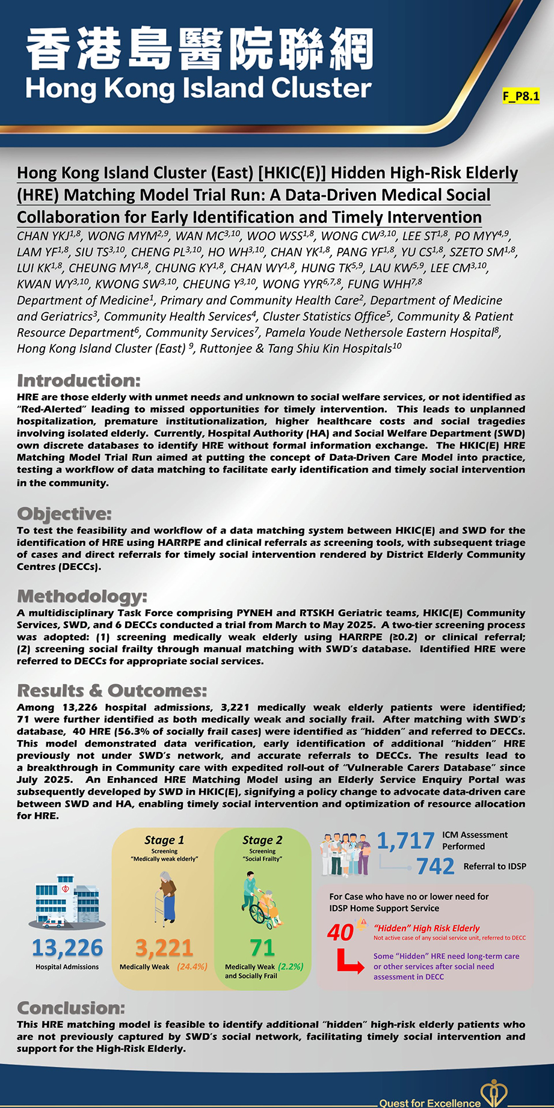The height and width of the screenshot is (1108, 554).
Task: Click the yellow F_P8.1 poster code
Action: (x=521, y=96)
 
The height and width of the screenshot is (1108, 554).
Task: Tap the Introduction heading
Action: (x=79, y=381)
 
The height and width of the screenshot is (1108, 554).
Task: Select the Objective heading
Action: (x=64, y=514)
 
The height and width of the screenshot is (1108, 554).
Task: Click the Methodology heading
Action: (x=82, y=596)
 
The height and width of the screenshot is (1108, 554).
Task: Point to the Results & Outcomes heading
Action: (x=112, y=691)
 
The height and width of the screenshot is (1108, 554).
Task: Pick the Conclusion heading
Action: (x=71, y=1008)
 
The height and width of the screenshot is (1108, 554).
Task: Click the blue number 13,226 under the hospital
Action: (x=67, y=948)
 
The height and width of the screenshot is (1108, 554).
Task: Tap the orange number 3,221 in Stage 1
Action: (x=164, y=948)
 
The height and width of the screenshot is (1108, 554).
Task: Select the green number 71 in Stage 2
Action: (x=262, y=948)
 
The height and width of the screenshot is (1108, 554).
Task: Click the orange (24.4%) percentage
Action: (x=192, y=967)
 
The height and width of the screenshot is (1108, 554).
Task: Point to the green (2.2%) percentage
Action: (x=291, y=967)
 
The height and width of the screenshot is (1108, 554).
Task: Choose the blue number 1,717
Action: (x=405, y=841)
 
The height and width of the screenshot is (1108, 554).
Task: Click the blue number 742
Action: (x=436, y=866)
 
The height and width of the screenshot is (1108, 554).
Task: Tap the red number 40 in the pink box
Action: (x=340, y=932)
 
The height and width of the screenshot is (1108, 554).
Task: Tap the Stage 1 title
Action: (x=164, y=840)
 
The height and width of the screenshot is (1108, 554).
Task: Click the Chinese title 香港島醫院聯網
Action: (x=199, y=47)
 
